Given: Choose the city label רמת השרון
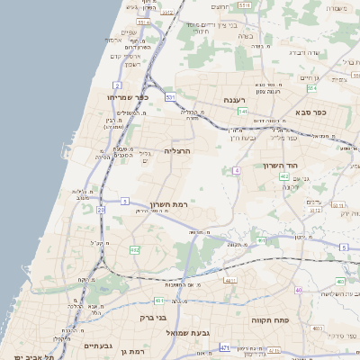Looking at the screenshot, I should [166, 204].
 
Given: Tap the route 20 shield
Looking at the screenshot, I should [102, 210].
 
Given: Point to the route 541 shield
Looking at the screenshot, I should [243, 111].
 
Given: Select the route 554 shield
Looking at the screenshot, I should [311, 88].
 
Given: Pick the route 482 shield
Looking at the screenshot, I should [134, 250].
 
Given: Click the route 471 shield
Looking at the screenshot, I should [224, 346].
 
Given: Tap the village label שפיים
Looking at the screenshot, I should [129, 33].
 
